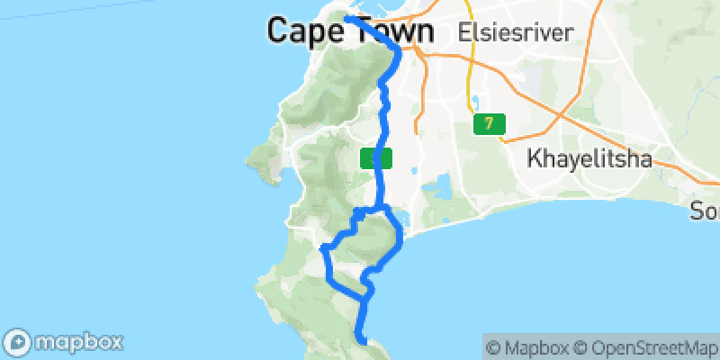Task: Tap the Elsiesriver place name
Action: pyautogui.click(x=516, y=32)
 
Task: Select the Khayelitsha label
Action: pyautogui.click(x=589, y=160)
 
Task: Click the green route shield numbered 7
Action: pyautogui.click(x=489, y=123)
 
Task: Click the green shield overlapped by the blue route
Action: pyautogui.click(x=376, y=158)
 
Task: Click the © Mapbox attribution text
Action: pyautogui.click(x=526, y=346)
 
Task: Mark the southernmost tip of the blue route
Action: pyautogui.click(x=363, y=340)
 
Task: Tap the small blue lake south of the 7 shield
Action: pyautogui.click(x=442, y=189)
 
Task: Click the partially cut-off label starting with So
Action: pyautogui.click(x=705, y=212)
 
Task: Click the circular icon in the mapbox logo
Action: pyautogui.click(x=19, y=342)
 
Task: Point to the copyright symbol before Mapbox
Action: pyautogui.click(x=492, y=346)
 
